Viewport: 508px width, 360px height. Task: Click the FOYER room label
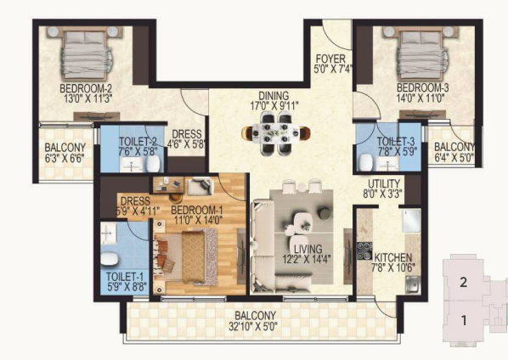pyautogui.click(x=330, y=59)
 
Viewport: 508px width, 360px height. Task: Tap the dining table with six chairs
pyautogui.click(x=276, y=132)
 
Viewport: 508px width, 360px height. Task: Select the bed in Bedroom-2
pyautogui.click(x=85, y=53)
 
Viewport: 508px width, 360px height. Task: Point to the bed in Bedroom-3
pyautogui.click(x=421, y=53)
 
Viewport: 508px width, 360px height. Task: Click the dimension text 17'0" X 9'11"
pyautogui.click(x=274, y=106)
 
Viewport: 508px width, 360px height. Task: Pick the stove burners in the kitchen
pyautogui.click(x=364, y=250)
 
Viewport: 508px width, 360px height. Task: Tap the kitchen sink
pyautogui.click(x=413, y=285)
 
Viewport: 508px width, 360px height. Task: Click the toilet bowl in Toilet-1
pyautogui.click(x=110, y=259)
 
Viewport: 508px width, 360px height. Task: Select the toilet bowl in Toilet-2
pyautogui.click(x=153, y=164)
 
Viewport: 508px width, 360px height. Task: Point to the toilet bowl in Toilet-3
pyautogui.click(x=365, y=162)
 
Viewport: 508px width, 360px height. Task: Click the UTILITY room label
pyautogui.click(x=384, y=183)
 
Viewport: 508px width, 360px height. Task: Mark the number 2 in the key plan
pyautogui.click(x=464, y=282)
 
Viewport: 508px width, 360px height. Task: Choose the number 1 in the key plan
pyautogui.click(x=464, y=320)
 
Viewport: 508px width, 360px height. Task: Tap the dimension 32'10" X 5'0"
pyautogui.click(x=253, y=326)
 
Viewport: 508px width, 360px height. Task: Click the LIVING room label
pyautogui.click(x=308, y=249)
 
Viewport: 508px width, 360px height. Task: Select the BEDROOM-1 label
pyautogui.click(x=196, y=210)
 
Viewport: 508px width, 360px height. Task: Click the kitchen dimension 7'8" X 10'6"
pyautogui.click(x=393, y=268)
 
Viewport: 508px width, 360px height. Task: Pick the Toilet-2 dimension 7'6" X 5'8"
pyautogui.click(x=138, y=151)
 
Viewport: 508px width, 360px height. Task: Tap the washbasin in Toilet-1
pyautogui.click(x=108, y=233)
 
